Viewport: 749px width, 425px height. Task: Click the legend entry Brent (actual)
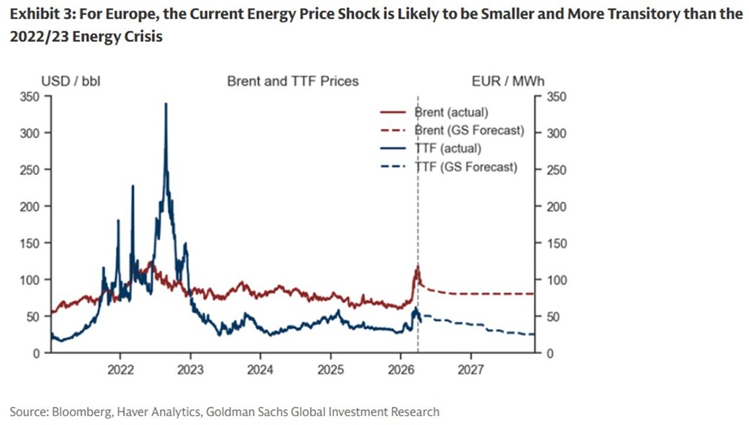tap(450, 112)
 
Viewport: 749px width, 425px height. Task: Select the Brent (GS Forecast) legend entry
tap(469, 130)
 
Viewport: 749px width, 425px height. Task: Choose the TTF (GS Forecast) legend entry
tap(465, 167)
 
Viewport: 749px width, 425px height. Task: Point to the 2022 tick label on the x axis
tap(121, 369)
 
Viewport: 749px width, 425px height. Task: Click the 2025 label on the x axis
tap(330, 369)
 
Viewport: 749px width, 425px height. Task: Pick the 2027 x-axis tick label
tap(470, 369)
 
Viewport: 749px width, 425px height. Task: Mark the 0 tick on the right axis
tap(551, 353)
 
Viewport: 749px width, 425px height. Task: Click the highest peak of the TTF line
tap(166, 103)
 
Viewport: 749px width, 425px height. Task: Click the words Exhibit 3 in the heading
tap(37, 15)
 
